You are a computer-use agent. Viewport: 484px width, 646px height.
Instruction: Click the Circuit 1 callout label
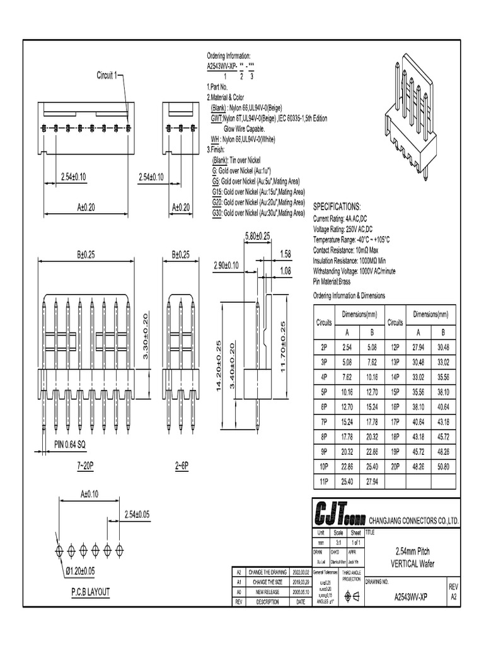pyautogui.click(x=107, y=76)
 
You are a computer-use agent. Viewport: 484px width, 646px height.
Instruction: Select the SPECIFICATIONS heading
pyautogui.click(x=337, y=206)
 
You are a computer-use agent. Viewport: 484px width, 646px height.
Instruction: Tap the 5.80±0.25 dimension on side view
pyautogui.click(x=256, y=235)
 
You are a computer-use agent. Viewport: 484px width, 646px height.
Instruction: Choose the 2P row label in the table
pyautogui.click(x=323, y=346)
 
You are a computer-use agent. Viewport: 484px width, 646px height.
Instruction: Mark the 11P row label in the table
pyautogui.click(x=323, y=482)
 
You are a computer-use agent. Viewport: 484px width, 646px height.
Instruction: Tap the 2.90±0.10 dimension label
pyautogui.click(x=226, y=266)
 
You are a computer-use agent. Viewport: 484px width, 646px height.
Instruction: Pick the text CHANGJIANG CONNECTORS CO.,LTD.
pyautogui.click(x=413, y=520)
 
